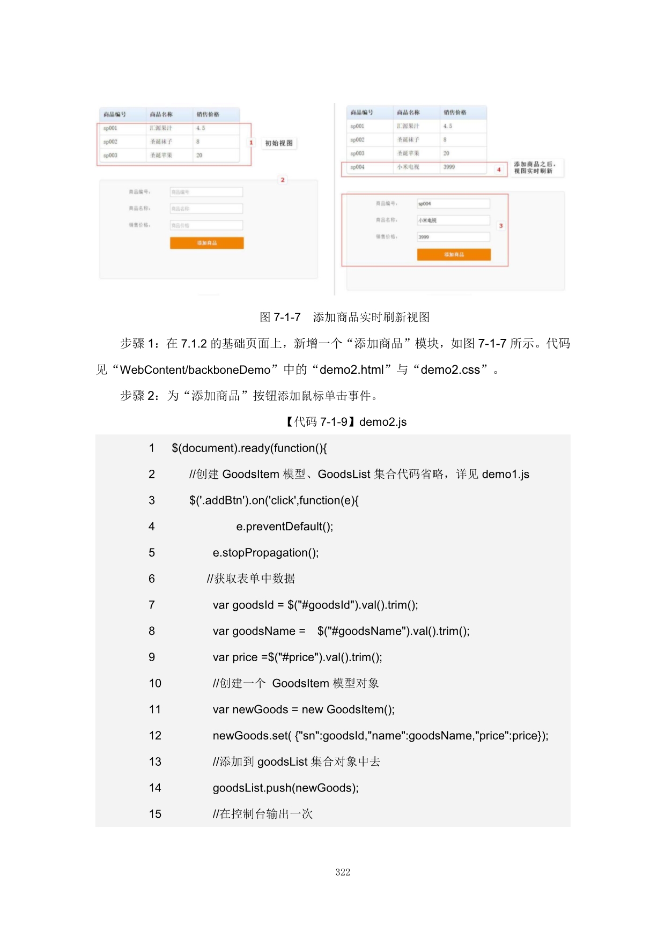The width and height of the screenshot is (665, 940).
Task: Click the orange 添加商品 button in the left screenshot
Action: click(206, 243)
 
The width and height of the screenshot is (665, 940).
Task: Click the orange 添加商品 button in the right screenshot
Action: click(454, 255)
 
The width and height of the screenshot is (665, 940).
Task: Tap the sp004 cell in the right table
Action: click(358, 167)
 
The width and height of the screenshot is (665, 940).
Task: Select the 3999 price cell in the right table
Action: click(449, 167)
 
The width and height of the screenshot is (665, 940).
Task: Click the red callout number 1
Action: click(250, 143)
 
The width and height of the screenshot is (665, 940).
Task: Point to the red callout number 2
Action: click(283, 180)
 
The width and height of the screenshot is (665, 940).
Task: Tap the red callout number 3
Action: click(501, 226)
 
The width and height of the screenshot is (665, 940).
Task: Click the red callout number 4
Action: click(499, 169)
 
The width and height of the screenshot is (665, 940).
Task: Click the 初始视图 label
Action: click(279, 143)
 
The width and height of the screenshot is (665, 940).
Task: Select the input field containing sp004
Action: click(453, 204)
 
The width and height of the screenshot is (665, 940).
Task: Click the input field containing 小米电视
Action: click(453, 220)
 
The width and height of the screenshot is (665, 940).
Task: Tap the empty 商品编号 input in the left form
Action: click(206, 192)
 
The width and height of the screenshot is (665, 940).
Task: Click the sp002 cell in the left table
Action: click(110, 142)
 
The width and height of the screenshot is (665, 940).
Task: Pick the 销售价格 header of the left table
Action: click(208, 114)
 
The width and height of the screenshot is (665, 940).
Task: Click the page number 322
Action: click(343, 872)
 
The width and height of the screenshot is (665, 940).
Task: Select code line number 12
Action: click(155, 736)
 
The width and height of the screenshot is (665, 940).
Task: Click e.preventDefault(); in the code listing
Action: click(284, 527)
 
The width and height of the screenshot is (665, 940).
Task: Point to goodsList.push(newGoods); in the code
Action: click(285, 788)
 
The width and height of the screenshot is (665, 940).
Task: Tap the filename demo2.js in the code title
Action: click(383, 422)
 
